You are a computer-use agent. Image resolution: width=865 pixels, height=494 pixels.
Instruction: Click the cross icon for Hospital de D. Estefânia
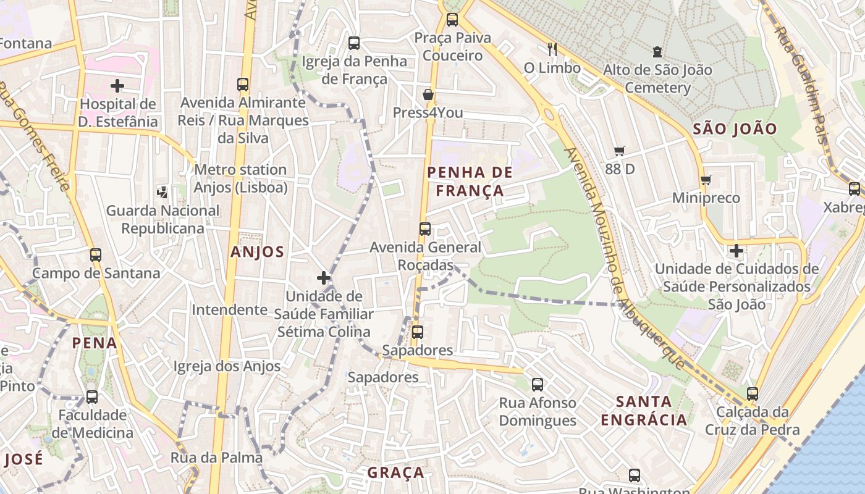[x=117, y=86]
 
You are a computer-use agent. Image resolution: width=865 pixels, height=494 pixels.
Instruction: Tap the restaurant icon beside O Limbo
[x=552, y=49]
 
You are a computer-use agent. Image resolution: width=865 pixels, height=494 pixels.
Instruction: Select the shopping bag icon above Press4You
[x=428, y=94]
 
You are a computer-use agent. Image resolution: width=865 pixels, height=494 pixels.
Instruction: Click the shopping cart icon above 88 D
[x=620, y=151]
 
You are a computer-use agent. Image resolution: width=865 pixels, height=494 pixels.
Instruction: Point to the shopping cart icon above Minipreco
[x=706, y=180]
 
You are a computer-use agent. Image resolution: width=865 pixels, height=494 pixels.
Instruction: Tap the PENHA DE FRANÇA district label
[x=470, y=182]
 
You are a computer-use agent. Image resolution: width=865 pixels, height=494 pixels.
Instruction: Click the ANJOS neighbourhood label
[x=257, y=252]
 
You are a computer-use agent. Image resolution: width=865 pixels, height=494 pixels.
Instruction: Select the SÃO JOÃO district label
[x=735, y=129]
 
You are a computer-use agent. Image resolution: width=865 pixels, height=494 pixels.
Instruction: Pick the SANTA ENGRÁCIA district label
[x=644, y=411]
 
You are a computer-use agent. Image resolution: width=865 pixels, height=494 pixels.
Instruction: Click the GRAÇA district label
[x=396, y=473]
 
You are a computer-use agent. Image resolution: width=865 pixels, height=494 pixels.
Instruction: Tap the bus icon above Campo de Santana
[x=96, y=254]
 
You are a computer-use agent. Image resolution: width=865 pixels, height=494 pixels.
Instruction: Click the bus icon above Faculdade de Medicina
[x=92, y=396]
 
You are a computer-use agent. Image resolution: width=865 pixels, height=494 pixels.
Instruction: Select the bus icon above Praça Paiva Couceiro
[x=452, y=19]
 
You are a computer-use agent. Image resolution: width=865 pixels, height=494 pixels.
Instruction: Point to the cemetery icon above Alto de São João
[x=657, y=52]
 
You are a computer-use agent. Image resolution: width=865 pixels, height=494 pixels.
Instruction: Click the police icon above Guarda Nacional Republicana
[x=162, y=192]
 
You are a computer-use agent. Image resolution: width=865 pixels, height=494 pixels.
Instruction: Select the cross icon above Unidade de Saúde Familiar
[x=324, y=278]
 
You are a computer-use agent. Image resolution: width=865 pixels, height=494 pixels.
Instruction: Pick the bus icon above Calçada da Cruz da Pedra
[x=752, y=393]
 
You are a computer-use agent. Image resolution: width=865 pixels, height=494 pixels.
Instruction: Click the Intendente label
[x=229, y=309]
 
